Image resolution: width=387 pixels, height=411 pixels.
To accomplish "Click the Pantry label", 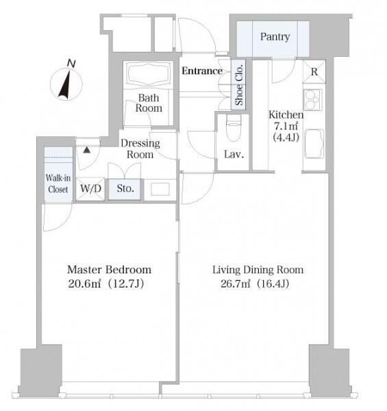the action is (x=275, y=37).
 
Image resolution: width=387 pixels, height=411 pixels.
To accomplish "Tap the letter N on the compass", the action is (x=71, y=64).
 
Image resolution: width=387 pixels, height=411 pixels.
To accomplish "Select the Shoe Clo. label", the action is (x=239, y=84).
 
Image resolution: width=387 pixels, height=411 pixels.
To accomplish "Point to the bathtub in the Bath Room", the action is (x=149, y=73).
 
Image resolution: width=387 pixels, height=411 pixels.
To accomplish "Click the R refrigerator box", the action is (x=314, y=71).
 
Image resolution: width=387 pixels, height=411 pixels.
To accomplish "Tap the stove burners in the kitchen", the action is (x=312, y=99).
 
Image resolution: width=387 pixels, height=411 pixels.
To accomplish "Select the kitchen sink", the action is (x=314, y=144).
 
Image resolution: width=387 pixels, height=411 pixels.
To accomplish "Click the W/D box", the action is (x=90, y=189).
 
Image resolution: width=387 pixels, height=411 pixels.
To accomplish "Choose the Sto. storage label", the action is (x=125, y=188).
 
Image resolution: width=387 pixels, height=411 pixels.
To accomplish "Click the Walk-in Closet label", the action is (x=58, y=184).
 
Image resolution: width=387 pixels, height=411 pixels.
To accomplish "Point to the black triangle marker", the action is (x=87, y=150).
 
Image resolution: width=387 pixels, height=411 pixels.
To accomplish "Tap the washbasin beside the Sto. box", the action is (x=160, y=189).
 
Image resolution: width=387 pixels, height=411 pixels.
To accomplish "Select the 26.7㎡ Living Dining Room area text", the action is (x=255, y=284).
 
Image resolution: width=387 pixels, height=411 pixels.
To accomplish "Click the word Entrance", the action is (x=202, y=71).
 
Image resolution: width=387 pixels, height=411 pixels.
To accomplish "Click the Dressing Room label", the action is (x=140, y=149).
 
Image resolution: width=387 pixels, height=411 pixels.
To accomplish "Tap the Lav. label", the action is (x=234, y=154).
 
